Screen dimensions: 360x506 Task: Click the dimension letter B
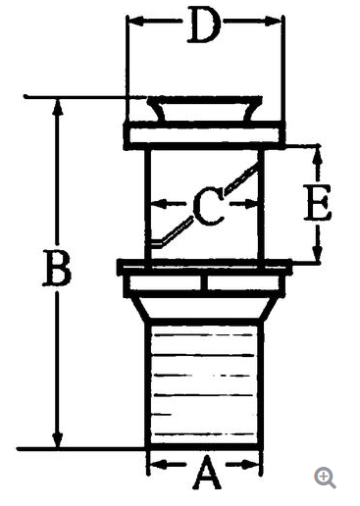[x=57, y=268]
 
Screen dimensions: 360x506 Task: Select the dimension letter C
[x=208, y=206]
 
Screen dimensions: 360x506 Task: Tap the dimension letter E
[x=317, y=202]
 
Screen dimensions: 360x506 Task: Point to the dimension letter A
[x=206, y=472]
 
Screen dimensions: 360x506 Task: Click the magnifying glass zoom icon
[x=325, y=478]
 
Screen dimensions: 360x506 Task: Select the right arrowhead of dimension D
[x=273, y=22]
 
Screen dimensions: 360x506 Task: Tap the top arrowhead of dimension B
[x=58, y=107]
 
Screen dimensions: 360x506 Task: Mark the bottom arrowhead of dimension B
[x=58, y=439]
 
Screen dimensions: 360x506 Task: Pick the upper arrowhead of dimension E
[x=317, y=154]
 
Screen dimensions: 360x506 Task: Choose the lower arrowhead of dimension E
[x=317, y=254]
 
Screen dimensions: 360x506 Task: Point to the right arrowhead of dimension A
[x=250, y=464]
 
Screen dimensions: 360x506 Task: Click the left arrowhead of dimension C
[x=160, y=204]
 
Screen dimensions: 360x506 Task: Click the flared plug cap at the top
[x=204, y=109]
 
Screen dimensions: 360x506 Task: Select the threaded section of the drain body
[x=204, y=384]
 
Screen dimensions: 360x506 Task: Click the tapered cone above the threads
[x=204, y=308]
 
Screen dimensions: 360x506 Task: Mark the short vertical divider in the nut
[x=204, y=283]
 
